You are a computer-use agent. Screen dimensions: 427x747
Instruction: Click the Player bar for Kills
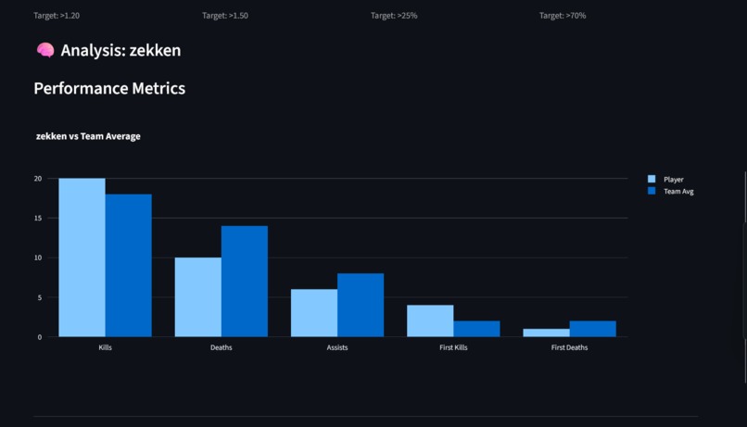(82, 257)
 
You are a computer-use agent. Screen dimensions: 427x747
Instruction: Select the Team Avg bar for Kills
(129, 266)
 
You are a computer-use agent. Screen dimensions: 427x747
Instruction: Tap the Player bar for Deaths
(198, 297)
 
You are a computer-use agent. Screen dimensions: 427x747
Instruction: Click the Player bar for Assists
(314, 313)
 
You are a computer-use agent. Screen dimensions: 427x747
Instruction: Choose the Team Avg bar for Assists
(361, 305)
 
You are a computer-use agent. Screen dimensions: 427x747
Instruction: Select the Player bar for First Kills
(430, 321)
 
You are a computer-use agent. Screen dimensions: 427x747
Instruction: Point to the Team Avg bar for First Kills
(476, 329)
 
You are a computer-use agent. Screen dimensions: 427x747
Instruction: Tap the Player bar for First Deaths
(546, 333)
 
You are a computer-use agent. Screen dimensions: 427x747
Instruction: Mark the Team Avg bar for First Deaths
(592, 329)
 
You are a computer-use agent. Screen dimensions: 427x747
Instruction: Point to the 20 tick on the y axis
(38, 179)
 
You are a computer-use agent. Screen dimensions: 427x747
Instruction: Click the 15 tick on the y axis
(38, 219)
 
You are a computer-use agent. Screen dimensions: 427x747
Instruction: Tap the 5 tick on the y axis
(40, 297)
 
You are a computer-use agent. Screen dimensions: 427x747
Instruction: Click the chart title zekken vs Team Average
(88, 136)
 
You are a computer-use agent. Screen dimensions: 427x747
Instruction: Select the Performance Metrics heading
(109, 89)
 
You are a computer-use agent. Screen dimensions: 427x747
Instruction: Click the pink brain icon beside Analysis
(44, 50)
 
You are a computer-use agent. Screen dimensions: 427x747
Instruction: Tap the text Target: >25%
(394, 16)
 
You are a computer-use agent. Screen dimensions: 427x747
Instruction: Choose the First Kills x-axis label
(453, 347)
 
